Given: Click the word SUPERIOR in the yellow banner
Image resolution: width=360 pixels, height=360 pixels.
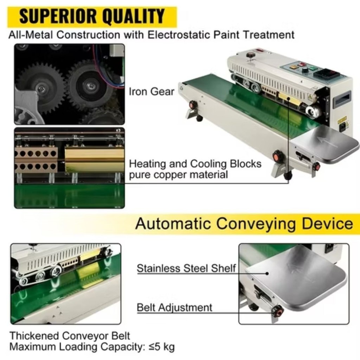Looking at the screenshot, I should [56, 17].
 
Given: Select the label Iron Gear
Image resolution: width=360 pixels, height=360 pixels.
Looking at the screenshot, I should [152, 92].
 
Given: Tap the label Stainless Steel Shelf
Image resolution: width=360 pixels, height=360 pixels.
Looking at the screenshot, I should [186, 269].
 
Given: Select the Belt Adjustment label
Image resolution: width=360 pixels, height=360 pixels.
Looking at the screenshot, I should [174, 308].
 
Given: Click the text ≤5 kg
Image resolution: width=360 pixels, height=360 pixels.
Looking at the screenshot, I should [161, 347].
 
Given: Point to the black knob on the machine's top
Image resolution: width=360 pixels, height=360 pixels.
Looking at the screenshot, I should [251, 55].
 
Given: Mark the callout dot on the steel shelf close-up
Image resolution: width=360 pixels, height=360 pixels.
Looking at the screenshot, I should [267, 273].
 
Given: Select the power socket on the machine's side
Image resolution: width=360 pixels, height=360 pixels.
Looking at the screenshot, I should [341, 126].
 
